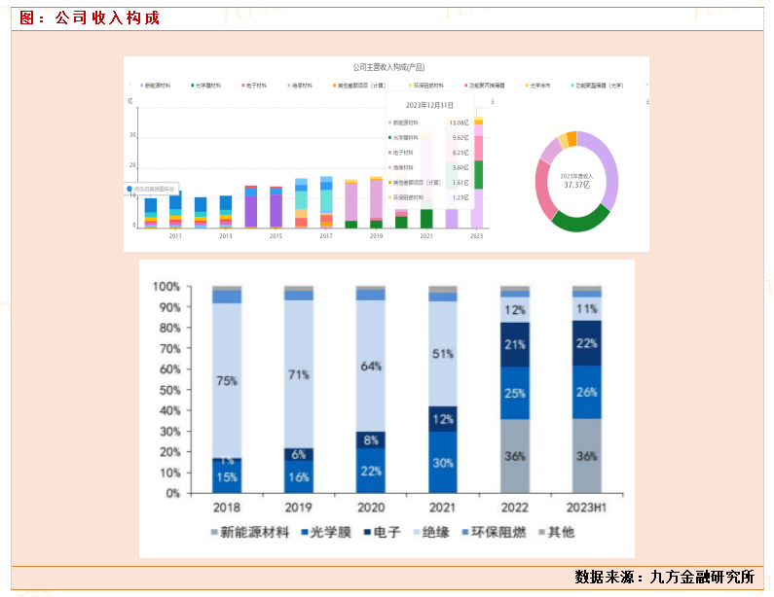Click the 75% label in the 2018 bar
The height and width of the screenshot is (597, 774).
click(226, 381)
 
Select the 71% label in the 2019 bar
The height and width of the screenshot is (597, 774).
click(298, 374)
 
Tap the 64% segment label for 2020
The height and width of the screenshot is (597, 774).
click(370, 367)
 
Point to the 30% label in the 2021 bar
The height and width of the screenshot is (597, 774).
click(442, 463)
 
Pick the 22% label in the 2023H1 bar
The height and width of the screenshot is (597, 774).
click(586, 344)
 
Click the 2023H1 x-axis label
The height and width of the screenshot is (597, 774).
click(586, 509)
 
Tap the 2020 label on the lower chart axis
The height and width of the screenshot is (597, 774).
click(370, 509)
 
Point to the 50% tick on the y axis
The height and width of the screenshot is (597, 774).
click(167, 390)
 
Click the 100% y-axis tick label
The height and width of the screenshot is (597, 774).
click(166, 287)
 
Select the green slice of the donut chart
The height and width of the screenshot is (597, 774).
click(580, 221)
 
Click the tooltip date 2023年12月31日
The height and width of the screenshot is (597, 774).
click(429, 105)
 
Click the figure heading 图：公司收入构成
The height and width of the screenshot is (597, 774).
click(90, 18)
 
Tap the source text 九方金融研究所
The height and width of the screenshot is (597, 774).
click(702, 577)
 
